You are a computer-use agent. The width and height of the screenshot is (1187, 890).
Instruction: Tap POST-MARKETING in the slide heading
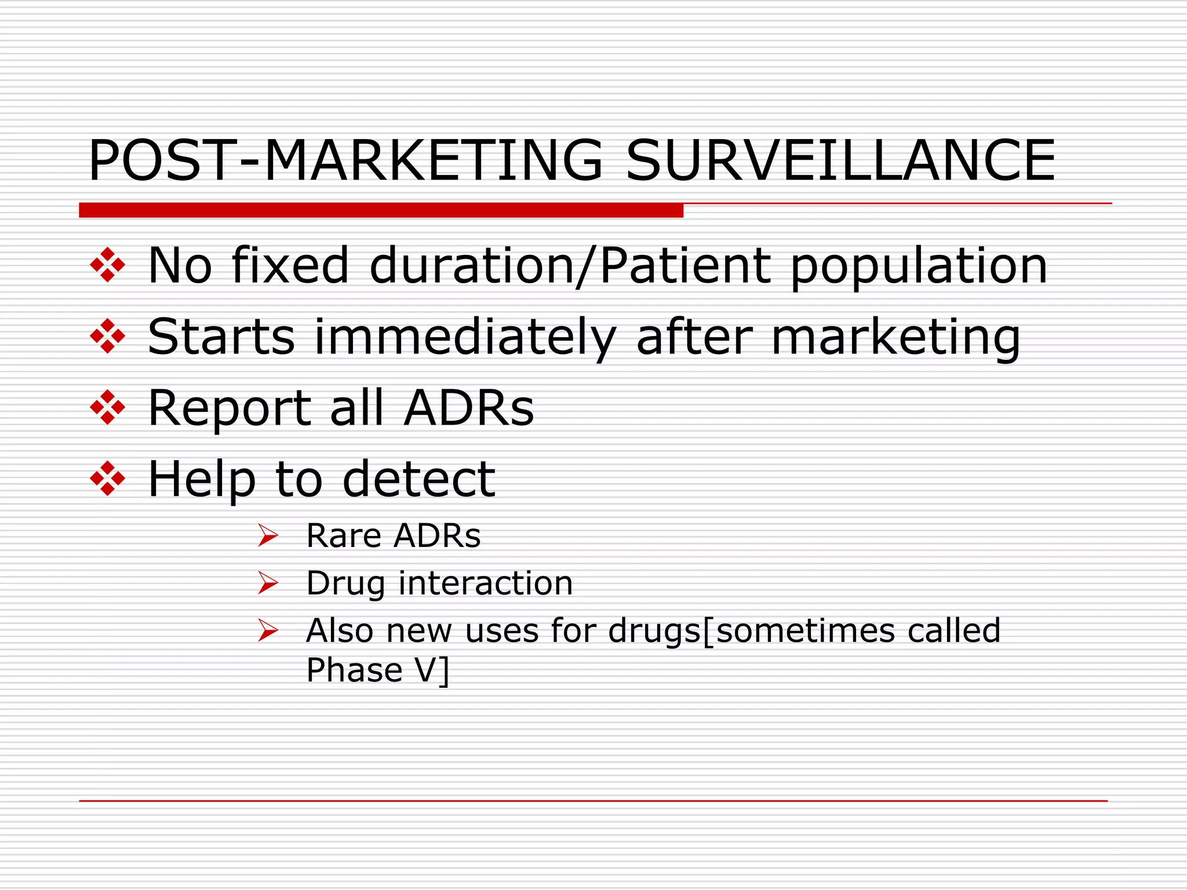click(345, 161)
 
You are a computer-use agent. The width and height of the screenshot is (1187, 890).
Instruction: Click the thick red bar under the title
click(381, 210)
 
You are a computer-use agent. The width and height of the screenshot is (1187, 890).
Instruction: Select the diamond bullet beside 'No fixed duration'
click(108, 265)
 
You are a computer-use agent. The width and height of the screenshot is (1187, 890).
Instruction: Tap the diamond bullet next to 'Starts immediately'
click(108, 336)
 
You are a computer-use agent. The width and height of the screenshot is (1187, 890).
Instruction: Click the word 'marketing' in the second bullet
click(895, 338)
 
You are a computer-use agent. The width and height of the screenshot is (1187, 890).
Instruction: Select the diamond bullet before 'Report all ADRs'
click(108, 407)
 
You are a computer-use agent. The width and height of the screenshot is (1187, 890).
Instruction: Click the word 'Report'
click(230, 409)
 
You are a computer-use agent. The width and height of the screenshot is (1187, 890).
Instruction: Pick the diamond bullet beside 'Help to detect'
click(108, 479)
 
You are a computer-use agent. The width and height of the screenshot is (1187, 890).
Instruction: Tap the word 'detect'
click(418, 479)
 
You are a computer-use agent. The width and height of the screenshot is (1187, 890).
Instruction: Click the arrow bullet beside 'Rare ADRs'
click(268, 535)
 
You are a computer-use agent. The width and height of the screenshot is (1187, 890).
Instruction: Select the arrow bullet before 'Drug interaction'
click(268, 583)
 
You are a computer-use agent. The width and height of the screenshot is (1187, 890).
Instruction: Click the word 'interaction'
click(486, 583)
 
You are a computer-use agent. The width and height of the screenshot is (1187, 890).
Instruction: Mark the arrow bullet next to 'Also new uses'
click(268, 630)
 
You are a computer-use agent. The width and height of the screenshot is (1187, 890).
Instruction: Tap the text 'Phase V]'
click(377, 671)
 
